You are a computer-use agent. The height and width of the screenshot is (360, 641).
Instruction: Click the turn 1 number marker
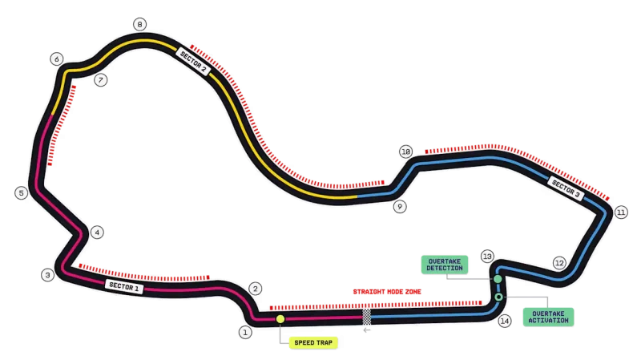pos(245,332)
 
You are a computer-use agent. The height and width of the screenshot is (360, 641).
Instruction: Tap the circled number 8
pos(139,24)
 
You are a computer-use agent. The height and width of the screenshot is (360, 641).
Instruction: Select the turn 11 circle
pos(621,212)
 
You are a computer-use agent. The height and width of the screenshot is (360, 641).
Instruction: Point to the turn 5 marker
pos(22,192)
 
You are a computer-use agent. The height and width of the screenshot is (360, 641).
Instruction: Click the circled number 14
pos(505,321)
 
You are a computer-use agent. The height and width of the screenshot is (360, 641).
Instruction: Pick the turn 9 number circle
pos(400,207)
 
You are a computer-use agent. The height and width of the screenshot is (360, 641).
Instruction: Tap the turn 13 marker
pos(487,257)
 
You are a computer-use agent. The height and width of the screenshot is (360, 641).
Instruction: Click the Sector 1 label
pos(124,286)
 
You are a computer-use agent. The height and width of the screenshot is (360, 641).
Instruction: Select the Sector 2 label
pos(193,62)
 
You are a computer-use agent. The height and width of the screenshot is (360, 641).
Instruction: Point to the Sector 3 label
pos(566,189)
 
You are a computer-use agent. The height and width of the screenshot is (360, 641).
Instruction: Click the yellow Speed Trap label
pos(313,343)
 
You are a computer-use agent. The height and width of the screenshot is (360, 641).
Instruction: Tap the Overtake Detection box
pos(445,265)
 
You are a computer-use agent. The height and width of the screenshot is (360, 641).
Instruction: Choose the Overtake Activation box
pos(548,317)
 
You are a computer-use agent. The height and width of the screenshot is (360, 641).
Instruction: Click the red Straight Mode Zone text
pos(387,292)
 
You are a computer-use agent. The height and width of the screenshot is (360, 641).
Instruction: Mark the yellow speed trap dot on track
pos(280,318)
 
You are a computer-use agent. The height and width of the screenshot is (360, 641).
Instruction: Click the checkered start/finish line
pos(367,317)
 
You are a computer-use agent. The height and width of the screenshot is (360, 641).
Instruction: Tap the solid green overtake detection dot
pos(498,279)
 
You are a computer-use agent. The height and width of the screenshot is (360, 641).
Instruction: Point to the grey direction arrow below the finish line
pos(367,330)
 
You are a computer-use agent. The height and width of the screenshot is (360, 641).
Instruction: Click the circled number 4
pos(97,233)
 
